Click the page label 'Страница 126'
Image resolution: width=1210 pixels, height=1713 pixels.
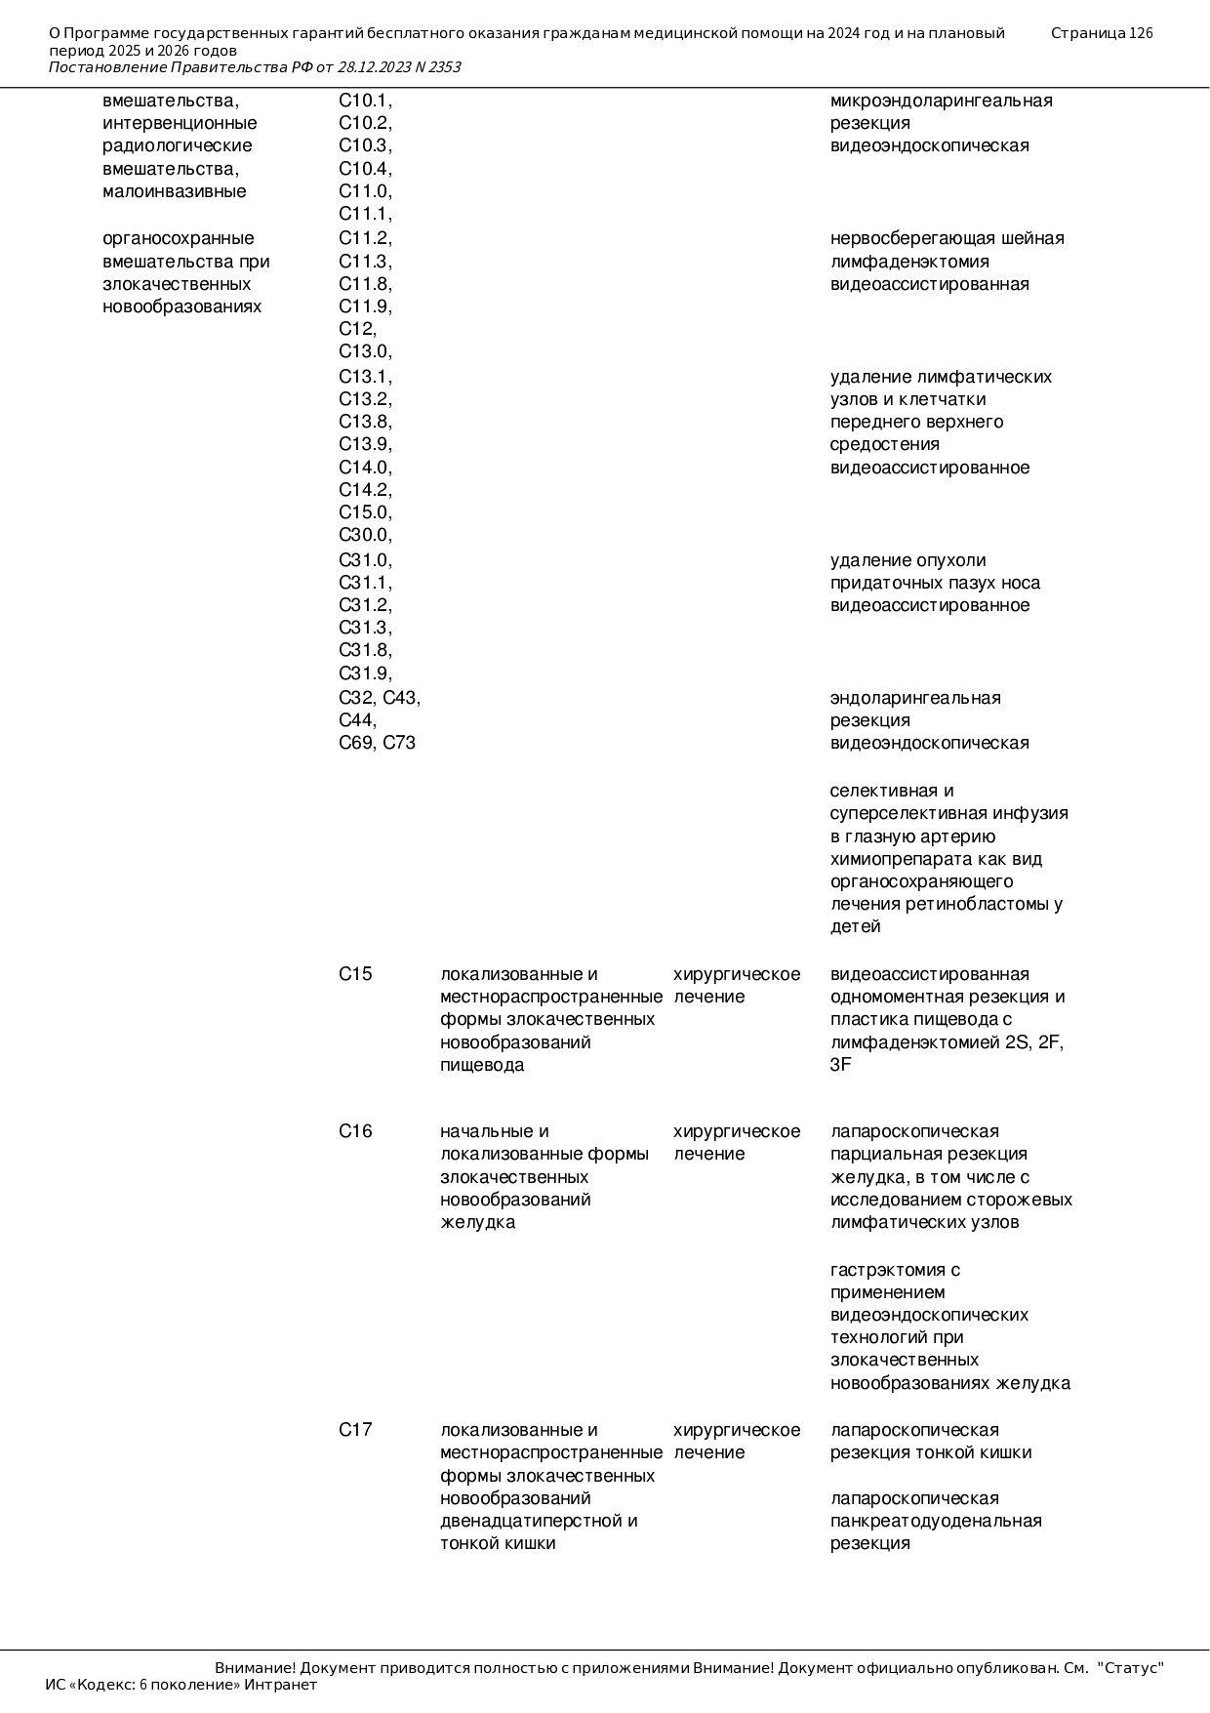1102,33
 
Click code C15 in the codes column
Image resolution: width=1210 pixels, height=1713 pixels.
355,974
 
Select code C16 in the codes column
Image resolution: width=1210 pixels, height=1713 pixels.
355,1131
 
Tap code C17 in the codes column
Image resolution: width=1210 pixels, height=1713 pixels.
355,1430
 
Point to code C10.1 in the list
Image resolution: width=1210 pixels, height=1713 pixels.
365,101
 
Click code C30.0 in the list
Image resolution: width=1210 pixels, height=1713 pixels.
365,535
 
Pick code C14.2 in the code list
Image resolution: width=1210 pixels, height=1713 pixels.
365,490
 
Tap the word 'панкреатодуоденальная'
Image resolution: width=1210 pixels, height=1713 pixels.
936,1521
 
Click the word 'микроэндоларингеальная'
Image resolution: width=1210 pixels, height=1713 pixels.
941,101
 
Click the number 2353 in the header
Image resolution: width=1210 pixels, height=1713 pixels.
443,67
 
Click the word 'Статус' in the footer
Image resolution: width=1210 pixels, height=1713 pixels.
1131,1668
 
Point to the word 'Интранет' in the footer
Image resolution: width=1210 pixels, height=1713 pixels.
280,1685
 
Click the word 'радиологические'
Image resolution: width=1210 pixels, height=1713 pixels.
177,145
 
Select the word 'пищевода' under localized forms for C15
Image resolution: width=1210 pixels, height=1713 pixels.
482,1065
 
